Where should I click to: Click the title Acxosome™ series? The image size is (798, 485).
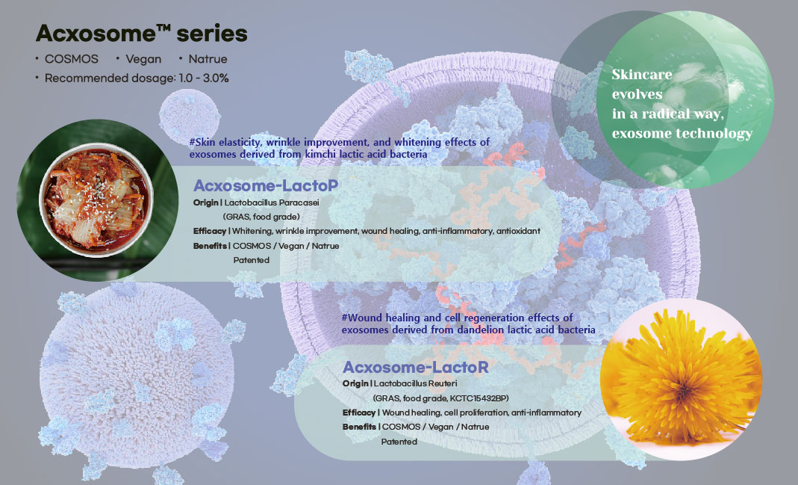click(x=142, y=34)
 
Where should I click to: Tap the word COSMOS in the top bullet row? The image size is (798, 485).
click(x=70, y=58)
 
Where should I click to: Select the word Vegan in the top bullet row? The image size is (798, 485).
click(x=144, y=58)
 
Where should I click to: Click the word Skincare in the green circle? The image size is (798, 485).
click(x=642, y=75)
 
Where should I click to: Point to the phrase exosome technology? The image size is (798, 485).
click(x=682, y=134)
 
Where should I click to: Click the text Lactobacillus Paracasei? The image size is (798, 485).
click(x=271, y=203)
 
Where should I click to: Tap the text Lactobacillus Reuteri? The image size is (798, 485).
click(x=418, y=384)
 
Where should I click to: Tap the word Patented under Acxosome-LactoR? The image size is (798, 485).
click(x=399, y=442)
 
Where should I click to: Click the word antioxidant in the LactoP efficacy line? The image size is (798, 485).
click(x=517, y=231)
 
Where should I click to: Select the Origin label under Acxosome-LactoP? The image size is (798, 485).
click(x=206, y=203)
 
